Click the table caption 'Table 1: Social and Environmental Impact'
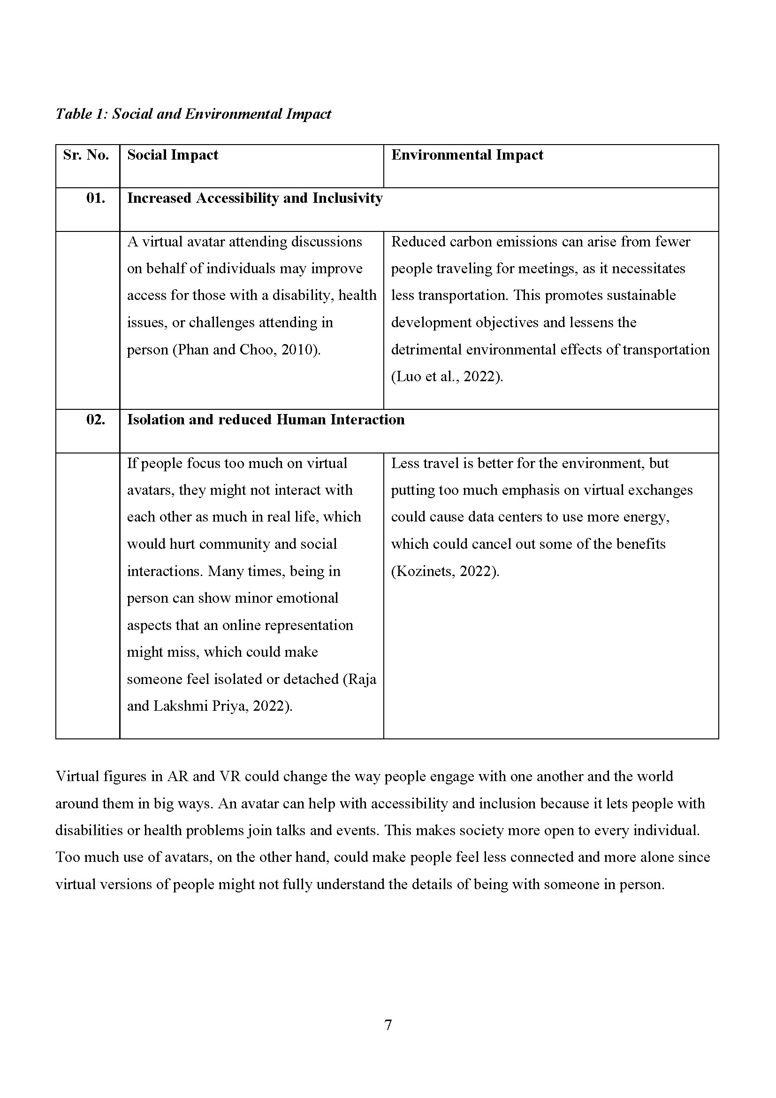pyautogui.click(x=193, y=114)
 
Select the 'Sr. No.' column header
pyautogui.click(x=86, y=155)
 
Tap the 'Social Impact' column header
pyautogui.click(x=173, y=155)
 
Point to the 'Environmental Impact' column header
pyautogui.click(x=467, y=155)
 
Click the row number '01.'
pyautogui.click(x=96, y=198)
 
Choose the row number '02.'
pyautogui.click(x=96, y=419)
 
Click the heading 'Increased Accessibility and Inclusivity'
pyautogui.click(x=255, y=198)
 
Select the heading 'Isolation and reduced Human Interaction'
pyautogui.click(x=266, y=419)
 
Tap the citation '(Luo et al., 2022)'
pyautogui.click(x=447, y=376)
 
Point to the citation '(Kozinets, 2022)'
pyautogui.click(x=445, y=571)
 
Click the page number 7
pyautogui.click(x=388, y=1025)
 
